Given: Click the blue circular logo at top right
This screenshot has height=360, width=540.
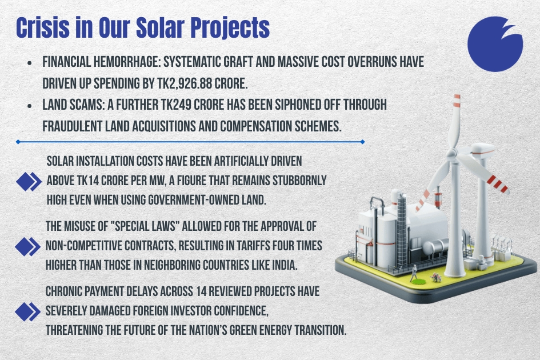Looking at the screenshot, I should point(494,45).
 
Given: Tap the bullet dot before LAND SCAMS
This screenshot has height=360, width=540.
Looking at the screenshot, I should point(29,106).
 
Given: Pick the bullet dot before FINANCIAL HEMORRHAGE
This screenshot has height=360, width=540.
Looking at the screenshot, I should point(29,62).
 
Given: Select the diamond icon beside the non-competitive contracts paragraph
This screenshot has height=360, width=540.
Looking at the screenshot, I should point(29,246).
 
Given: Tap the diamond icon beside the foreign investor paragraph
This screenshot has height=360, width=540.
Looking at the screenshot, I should point(29,311).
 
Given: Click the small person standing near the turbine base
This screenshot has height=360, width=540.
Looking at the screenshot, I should point(413,273).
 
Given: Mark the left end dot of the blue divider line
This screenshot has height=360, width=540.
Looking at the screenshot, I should point(18,141).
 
